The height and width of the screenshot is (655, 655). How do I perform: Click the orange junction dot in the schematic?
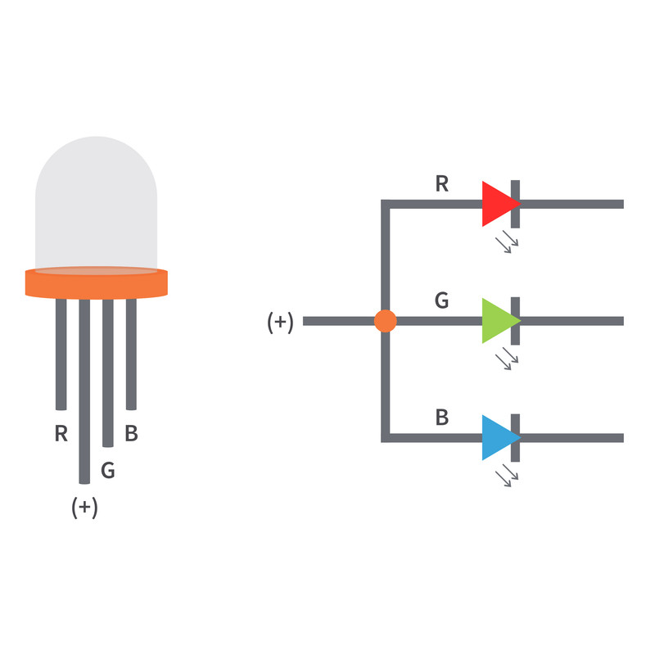click(x=385, y=321)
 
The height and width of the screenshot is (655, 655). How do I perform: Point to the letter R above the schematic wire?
click(x=442, y=183)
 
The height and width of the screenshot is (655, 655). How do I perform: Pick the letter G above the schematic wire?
click(x=442, y=300)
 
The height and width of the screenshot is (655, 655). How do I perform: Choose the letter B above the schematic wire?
click(x=442, y=418)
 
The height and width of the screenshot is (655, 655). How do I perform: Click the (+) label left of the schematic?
click(x=280, y=322)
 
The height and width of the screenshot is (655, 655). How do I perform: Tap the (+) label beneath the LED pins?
click(x=84, y=507)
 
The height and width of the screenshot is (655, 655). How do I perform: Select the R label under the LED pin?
click(x=61, y=433)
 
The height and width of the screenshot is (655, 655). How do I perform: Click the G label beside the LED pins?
click(x=108, y=470)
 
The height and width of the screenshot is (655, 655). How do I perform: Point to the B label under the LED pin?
click(x=131, y=433)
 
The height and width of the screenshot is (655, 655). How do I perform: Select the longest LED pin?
click(x=84, y=391)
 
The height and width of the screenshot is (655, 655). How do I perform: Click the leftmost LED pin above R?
click(x=61, y=355)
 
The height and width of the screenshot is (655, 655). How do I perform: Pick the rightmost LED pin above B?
click(x=131, y=355)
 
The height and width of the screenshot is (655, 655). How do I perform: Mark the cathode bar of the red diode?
click(x=516, y=204)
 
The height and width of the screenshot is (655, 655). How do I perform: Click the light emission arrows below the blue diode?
click(x=507, y=476)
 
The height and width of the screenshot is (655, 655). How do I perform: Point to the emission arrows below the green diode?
click(x=507, y=359)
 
